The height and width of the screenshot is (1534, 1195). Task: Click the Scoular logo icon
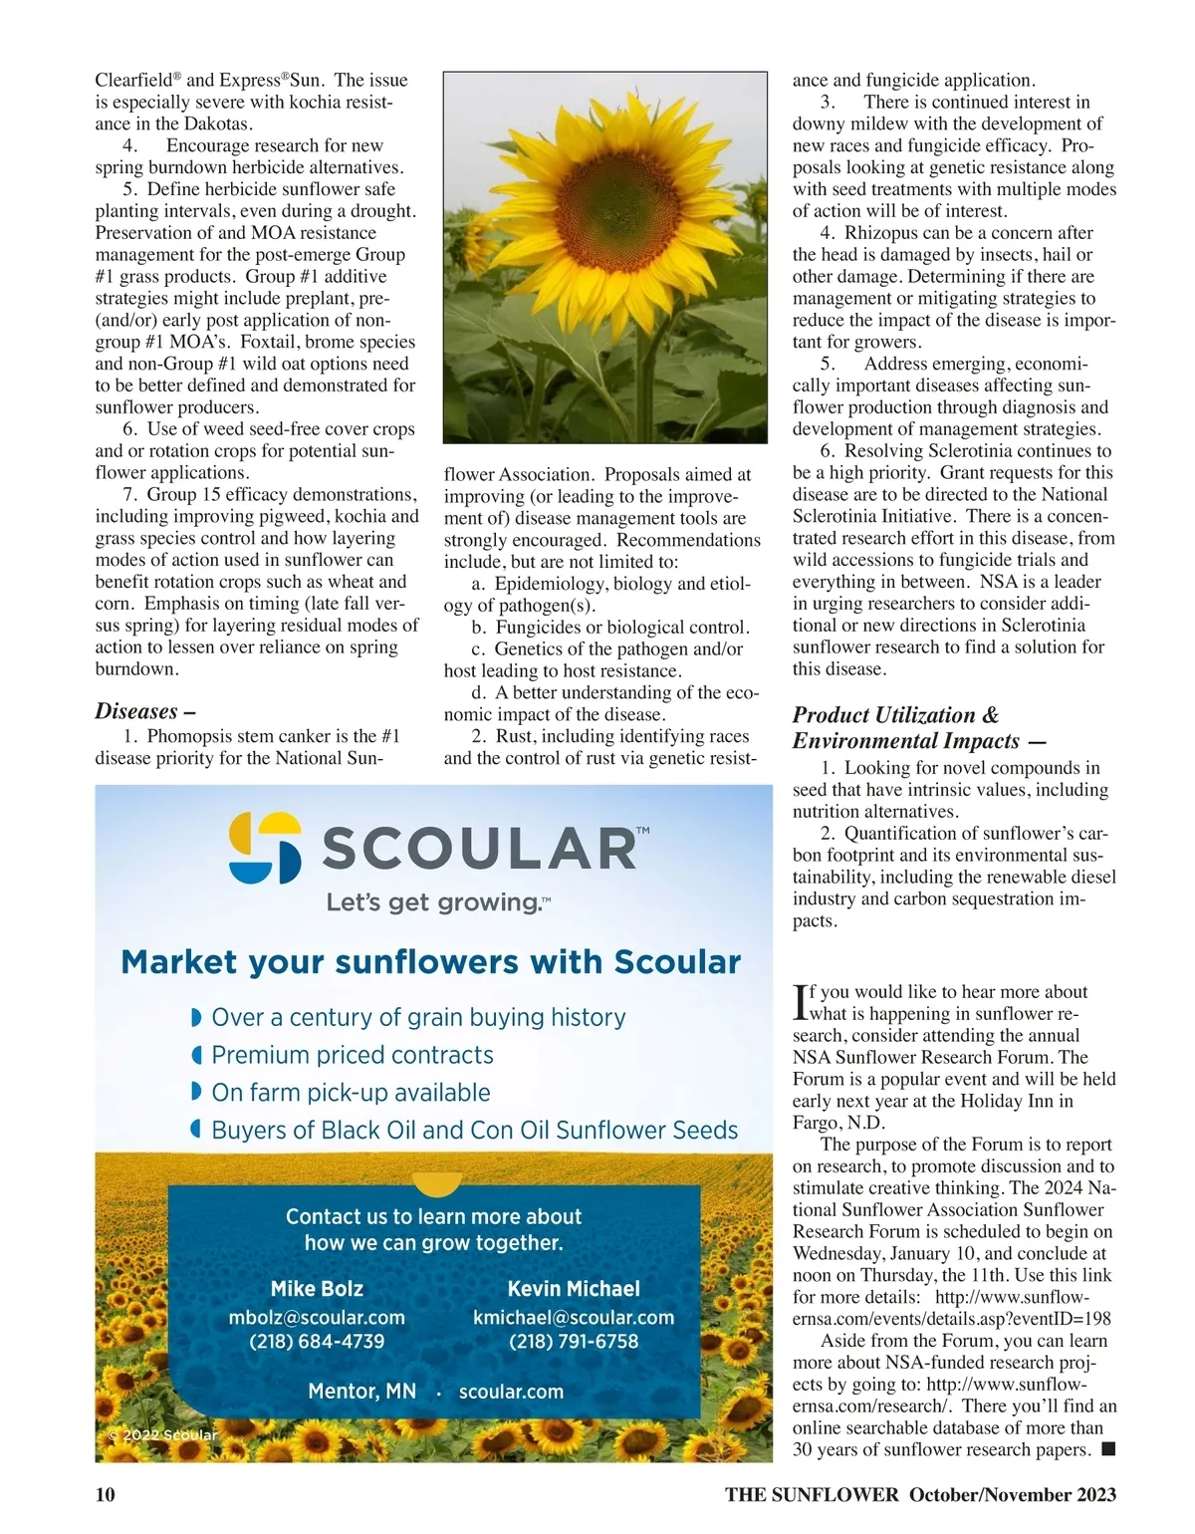point(265,848)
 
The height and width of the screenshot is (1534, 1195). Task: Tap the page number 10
point(106,1494)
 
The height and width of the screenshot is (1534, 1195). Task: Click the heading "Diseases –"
point(145,711)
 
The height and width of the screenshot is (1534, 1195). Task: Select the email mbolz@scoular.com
point(317,1317)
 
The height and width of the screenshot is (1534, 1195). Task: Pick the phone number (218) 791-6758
point(574,1341)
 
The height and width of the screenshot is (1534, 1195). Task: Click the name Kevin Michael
point(574,1289)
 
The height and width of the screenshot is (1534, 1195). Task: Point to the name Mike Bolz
point(317,1289)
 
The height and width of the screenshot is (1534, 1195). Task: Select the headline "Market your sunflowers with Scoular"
point(430,962)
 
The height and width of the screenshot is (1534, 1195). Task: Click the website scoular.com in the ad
point(511,1392)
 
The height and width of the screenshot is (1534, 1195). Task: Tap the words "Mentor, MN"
point(361,1392)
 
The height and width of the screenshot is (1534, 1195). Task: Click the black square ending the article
point(1108,1449)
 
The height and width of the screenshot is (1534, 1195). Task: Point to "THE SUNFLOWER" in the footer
point(812,1494)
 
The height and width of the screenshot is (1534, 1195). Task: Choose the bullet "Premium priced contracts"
point(353,1055)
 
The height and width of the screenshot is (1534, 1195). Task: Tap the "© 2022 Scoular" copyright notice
point(162,1435)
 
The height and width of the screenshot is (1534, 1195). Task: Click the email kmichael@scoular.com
point(574,1317)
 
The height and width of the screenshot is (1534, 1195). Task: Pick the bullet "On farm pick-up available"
point(351,1093)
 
